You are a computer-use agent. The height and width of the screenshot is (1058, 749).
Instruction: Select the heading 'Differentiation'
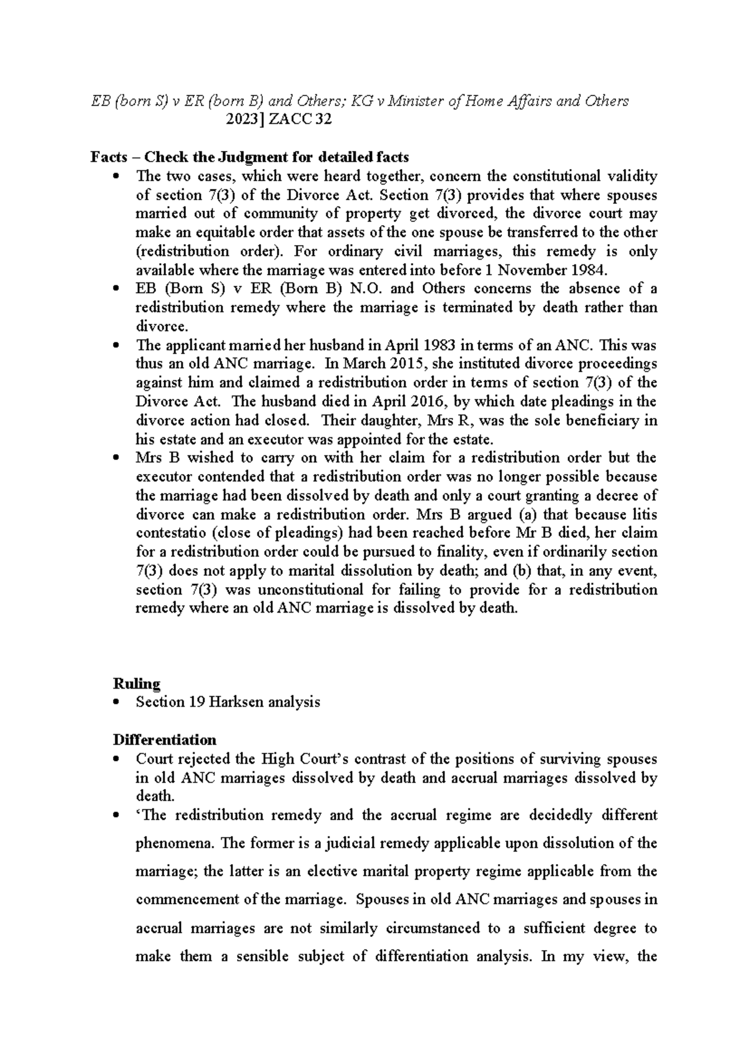click(165, 740)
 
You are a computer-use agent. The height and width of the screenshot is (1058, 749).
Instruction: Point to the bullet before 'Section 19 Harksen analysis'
click(117, 703)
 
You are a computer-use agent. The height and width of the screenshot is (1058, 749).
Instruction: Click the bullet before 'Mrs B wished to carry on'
click(117, 459)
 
